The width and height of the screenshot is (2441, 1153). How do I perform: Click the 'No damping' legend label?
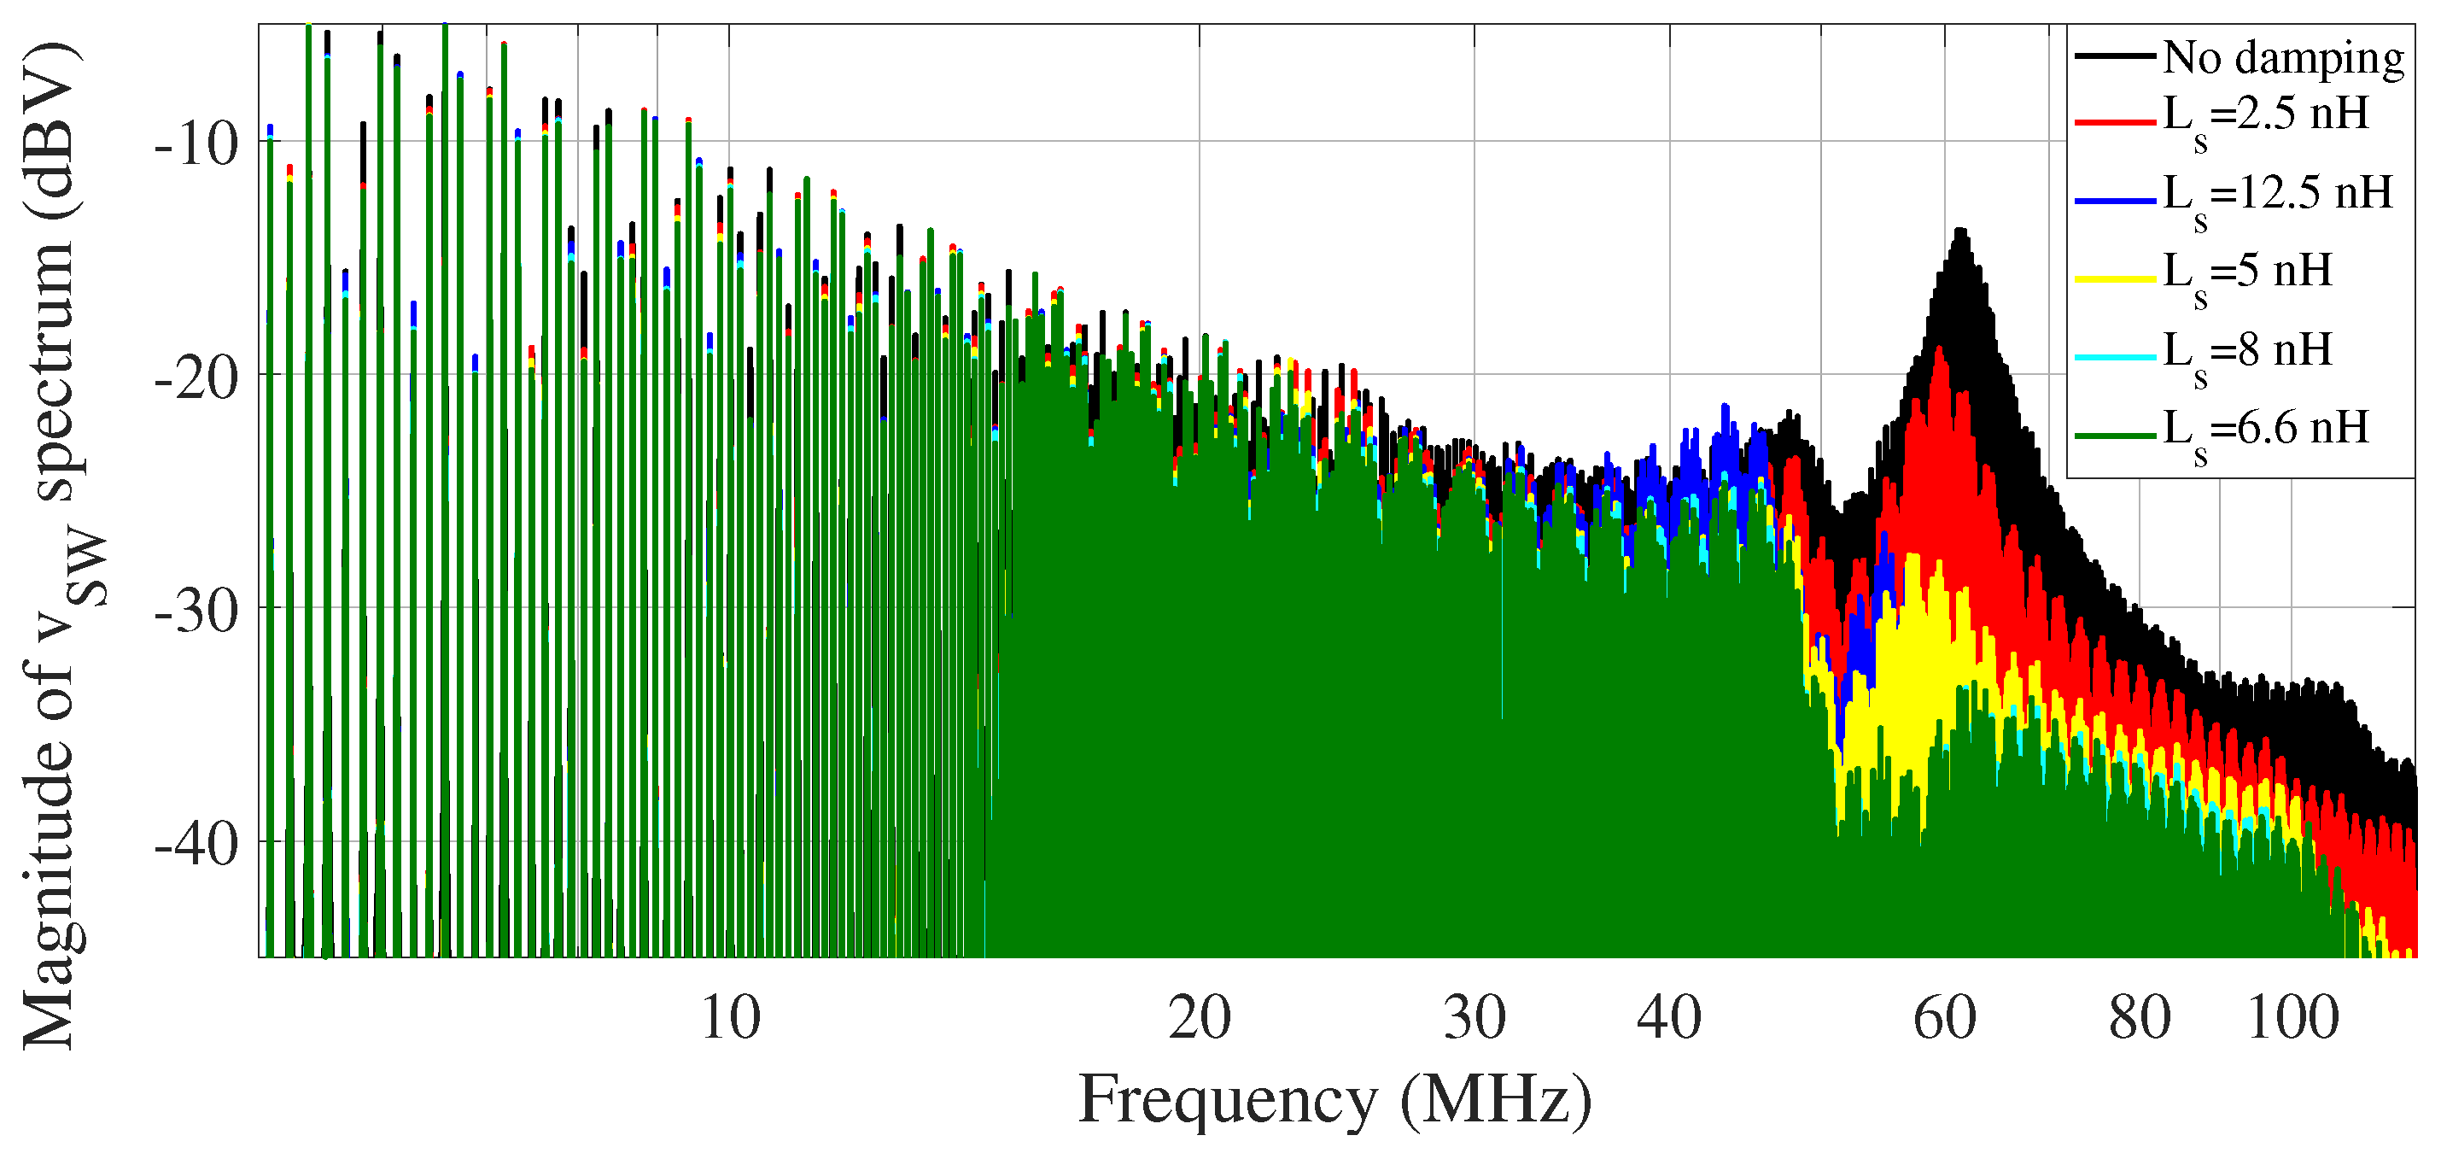point(2284,59)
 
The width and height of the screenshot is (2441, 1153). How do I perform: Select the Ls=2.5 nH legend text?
point(2266,118)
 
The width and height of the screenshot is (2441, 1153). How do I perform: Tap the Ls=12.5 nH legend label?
point(2278,196)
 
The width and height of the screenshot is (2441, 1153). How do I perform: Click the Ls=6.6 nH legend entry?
point(2266,432)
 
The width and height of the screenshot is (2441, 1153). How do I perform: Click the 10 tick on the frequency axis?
point(731,1018)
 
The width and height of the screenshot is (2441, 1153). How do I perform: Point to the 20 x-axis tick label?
point(1200,1018)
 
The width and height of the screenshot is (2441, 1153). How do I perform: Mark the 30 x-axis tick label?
point(1475,1018)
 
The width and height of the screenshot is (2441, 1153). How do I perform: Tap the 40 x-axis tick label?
point(1670,1018)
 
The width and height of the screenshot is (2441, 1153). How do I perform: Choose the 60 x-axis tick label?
point(1946,1018)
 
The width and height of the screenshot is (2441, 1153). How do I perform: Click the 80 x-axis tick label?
point(2140,1018)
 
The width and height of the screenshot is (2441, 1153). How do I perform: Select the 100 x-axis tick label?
point(2292,1018)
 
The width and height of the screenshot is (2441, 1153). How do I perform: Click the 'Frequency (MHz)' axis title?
point(1335,1100)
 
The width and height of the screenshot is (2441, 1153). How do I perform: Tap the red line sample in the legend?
point(2115,121)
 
